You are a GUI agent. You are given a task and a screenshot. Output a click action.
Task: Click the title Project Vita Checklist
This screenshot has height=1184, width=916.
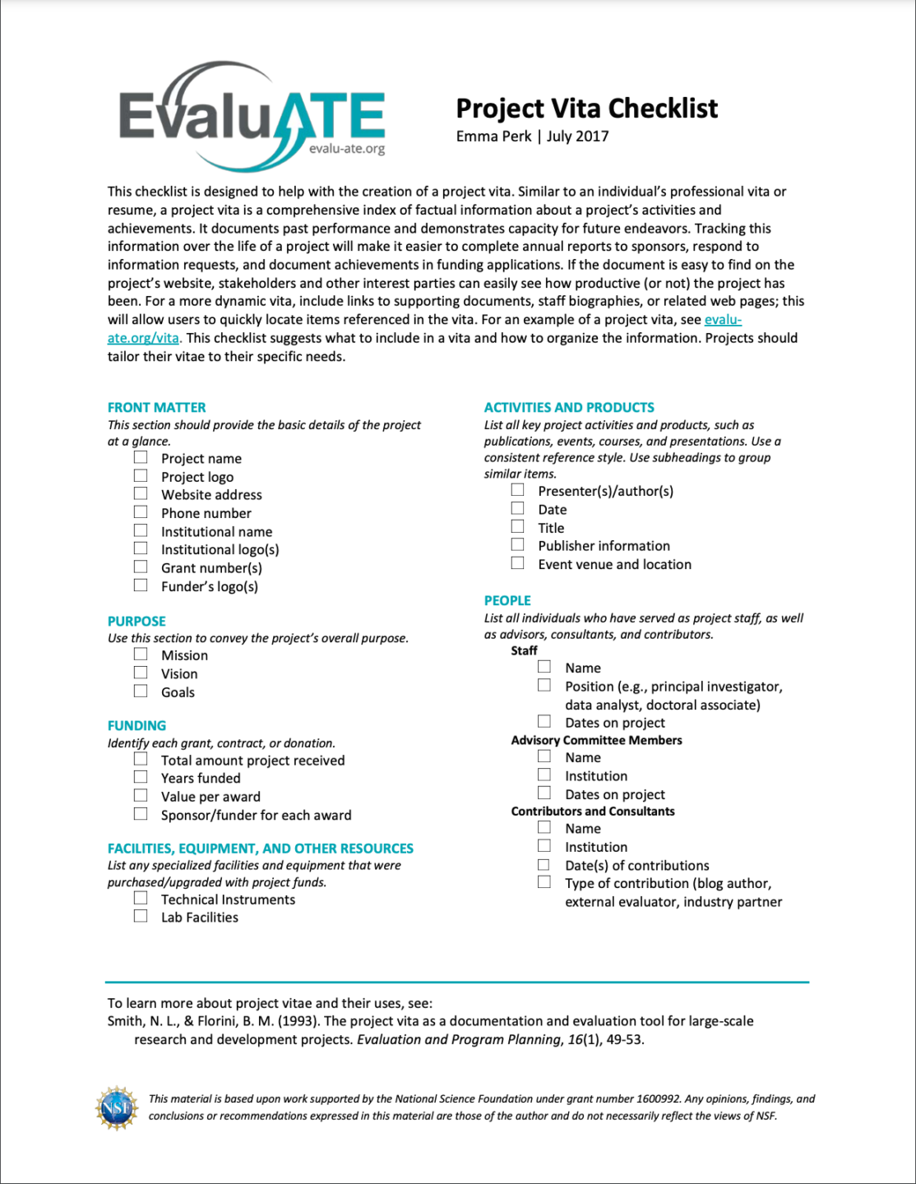pos(586,109)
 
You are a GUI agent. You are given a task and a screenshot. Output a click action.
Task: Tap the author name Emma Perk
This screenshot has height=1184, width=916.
pos(493,136)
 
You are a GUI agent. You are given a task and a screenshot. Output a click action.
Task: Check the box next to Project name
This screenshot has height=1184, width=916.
pos(141,457)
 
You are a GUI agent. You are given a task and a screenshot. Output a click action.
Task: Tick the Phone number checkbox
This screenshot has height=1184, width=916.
pos(141,512)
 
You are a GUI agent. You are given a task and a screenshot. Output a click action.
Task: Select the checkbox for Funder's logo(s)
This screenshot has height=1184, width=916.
pos(141,585)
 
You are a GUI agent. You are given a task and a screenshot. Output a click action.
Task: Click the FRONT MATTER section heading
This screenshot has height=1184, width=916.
pos(156,407)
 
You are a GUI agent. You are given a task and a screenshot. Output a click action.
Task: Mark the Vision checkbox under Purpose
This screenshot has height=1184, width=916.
pos(141,673)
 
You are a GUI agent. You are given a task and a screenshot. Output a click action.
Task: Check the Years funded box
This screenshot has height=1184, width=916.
pos(141,777)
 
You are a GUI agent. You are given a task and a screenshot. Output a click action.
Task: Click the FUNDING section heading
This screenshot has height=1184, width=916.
pos(136,725)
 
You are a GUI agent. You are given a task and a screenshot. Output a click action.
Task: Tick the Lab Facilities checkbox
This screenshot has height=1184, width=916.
pos(141,916)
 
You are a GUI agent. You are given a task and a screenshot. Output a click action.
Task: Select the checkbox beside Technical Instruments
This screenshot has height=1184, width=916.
pos(141,898)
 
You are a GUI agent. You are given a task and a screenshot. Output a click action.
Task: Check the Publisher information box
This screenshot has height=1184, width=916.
pos(518,544)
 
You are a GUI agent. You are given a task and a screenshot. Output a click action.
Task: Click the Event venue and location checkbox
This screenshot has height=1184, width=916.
pos(518,563)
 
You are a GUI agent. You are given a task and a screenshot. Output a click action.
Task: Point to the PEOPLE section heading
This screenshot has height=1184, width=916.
pos(507,600)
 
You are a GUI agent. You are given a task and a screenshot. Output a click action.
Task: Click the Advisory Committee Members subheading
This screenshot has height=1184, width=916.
pos(596,740)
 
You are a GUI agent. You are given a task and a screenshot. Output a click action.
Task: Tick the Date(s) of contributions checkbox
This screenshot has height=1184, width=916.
pos(544,864)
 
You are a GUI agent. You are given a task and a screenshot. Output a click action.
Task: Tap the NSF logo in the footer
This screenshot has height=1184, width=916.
pos(116,1108)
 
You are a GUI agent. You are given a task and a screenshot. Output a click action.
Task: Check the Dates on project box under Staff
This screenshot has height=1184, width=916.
pos(544,721)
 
